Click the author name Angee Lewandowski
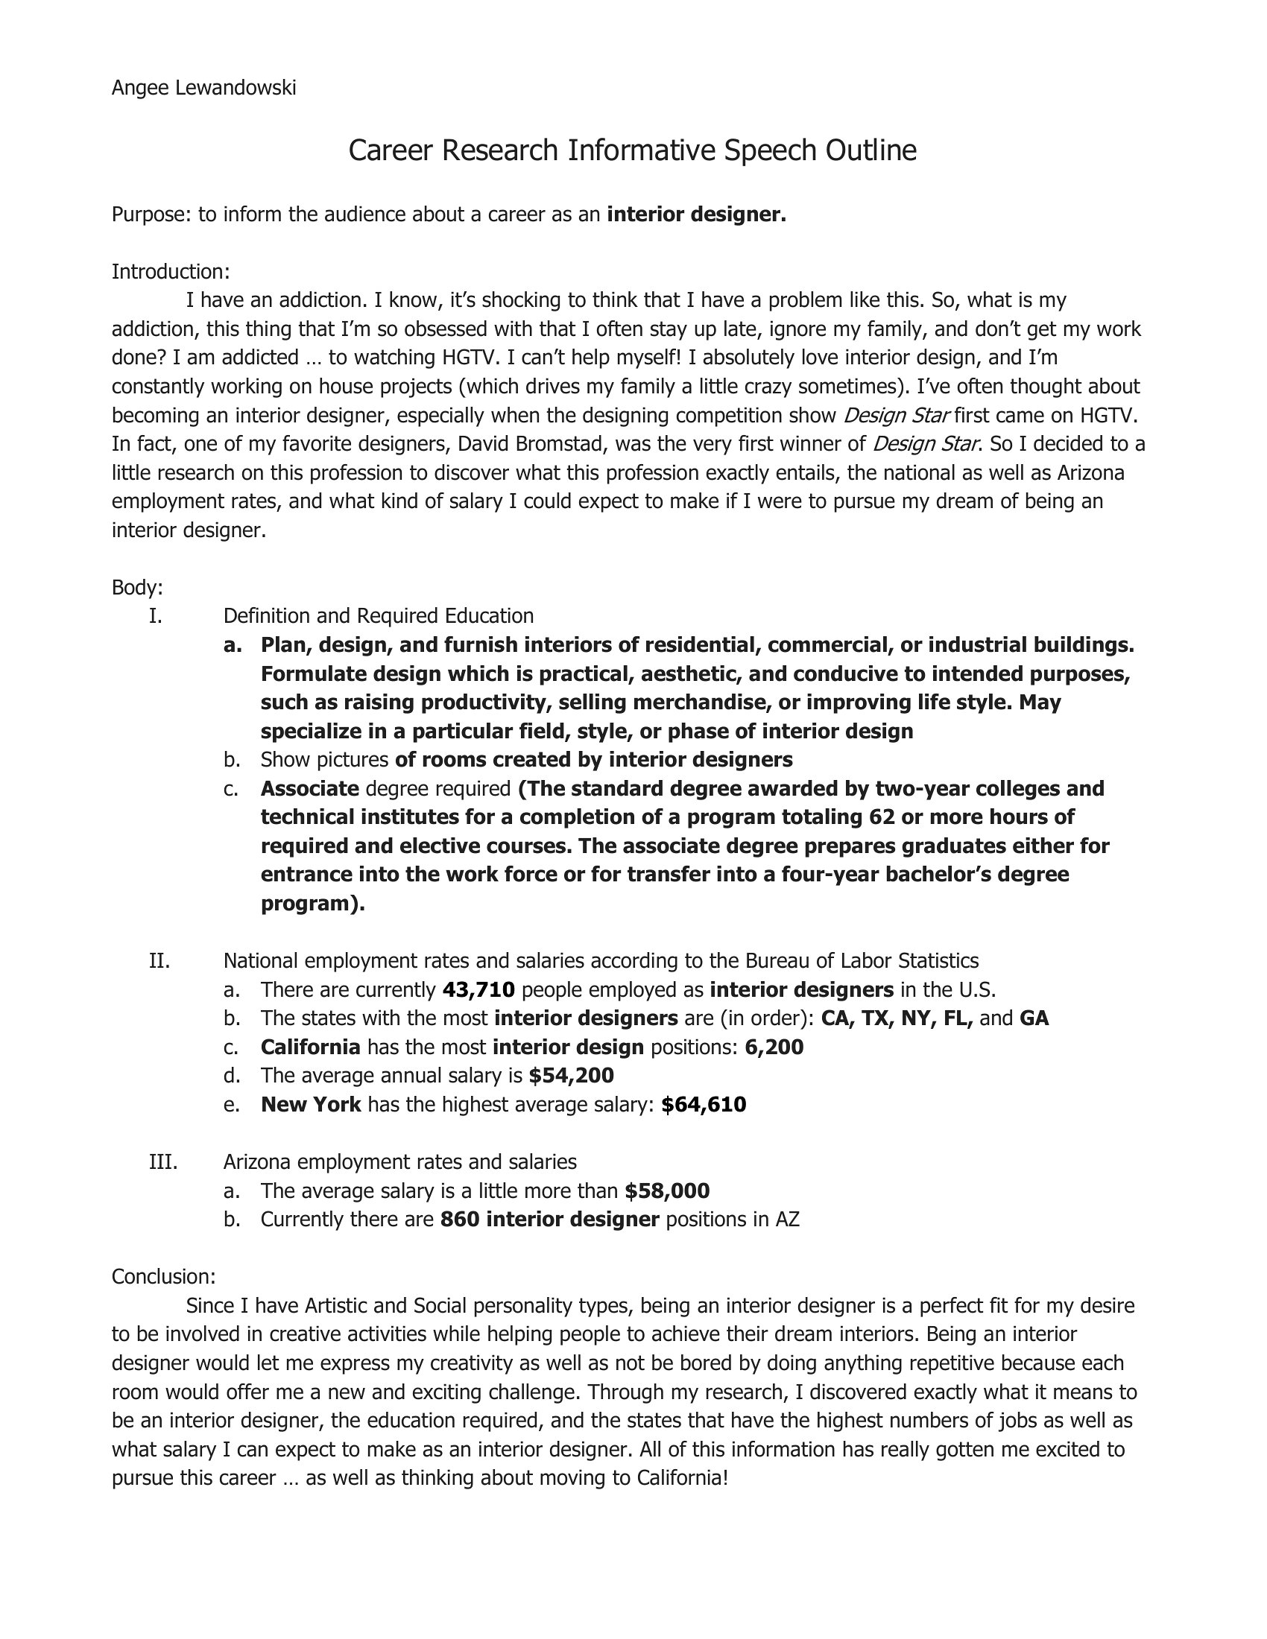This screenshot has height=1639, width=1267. (203, 89)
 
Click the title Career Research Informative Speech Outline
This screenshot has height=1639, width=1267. (632, 150)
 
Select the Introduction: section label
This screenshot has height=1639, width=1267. (171, 271)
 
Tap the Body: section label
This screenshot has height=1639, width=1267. (137, 587)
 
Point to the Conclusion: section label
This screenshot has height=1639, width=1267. (164, 1276)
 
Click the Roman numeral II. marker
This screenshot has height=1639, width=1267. (159, 960)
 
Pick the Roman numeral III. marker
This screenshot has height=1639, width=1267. (163, 1161)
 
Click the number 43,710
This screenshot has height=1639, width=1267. (479, 990)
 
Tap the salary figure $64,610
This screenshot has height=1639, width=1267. (704, 1105)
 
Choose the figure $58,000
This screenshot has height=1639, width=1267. (667, 1191)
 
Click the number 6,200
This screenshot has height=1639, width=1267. (774, 1047)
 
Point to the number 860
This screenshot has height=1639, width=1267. (459, 1220)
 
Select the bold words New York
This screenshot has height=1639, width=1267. (312, 1105)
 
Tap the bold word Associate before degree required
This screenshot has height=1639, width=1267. (310, 789)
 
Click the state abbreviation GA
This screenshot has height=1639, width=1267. (1034, 1018)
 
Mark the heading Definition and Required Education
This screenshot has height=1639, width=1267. (379, 616)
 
